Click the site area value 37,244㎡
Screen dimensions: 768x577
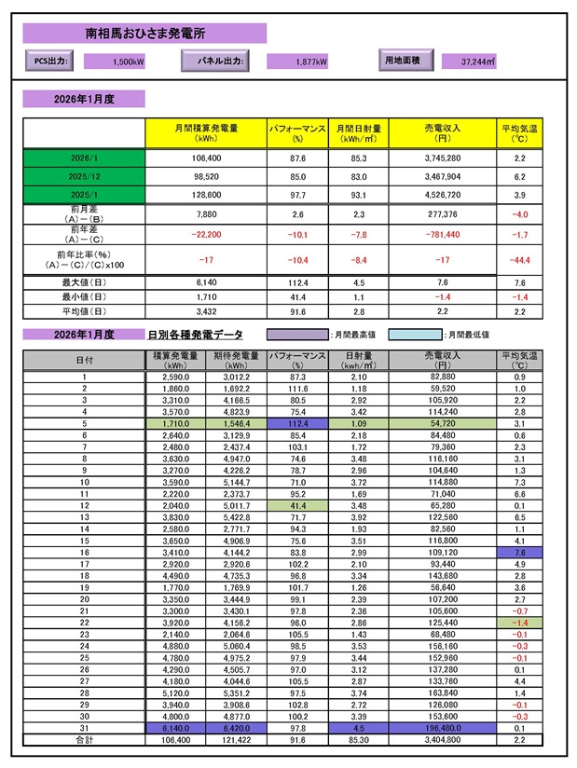tap(478, 62)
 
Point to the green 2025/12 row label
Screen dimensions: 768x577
tap(84, 175)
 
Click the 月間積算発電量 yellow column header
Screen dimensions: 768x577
tap(199, 132)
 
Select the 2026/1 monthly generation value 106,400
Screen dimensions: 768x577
tap(199, 158)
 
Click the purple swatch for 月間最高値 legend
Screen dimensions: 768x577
tap(297, 334)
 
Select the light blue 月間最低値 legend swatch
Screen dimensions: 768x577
tap(416, 334)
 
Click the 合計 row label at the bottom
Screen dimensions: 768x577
tap(84, 739)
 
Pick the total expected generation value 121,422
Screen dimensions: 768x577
tap(237, 739)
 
